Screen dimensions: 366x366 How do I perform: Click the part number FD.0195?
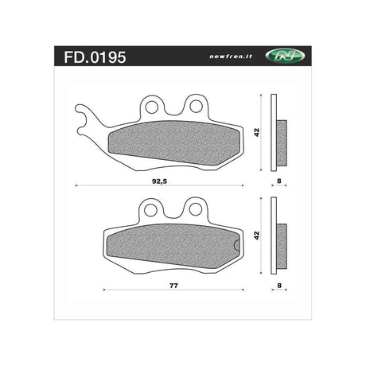(95, 57)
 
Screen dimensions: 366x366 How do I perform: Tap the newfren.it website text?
(231, 56)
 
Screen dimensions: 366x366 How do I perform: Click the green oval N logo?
(286, 56)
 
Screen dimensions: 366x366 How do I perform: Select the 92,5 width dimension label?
(160, 181)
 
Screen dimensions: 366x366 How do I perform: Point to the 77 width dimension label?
(173, 286)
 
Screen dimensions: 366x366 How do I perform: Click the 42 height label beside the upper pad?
(256, 132)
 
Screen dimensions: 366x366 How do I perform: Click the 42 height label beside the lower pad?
(256, 236)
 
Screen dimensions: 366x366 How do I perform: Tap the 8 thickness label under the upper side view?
(279, 181)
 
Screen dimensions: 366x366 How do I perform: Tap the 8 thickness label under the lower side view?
(279, 286)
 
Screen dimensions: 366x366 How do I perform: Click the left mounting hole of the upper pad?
(152, 107)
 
